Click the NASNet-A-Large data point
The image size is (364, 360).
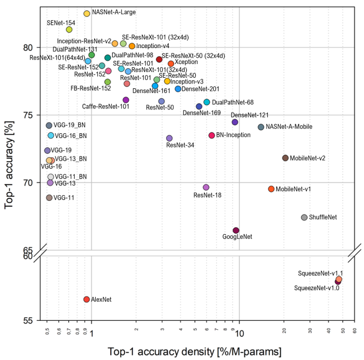click(87, 13)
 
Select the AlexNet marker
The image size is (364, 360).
click(87, 299)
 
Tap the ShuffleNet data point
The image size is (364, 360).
click(304, 217)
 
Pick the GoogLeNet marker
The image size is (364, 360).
click(236, 230)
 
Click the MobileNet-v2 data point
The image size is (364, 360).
click(285, 158)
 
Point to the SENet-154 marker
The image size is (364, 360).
click(69, 30)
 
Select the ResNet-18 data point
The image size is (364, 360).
click(206, 188)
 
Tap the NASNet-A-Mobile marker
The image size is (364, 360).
click(261, 127)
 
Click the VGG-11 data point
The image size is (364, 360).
click(49, 198)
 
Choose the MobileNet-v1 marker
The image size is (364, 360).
click(271, 189)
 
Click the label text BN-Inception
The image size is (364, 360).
click(233, 135)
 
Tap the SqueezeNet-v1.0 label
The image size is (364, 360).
click(316, 288)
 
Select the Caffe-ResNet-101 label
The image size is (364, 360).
click(106, 106)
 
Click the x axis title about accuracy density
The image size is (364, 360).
click(195, 351)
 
